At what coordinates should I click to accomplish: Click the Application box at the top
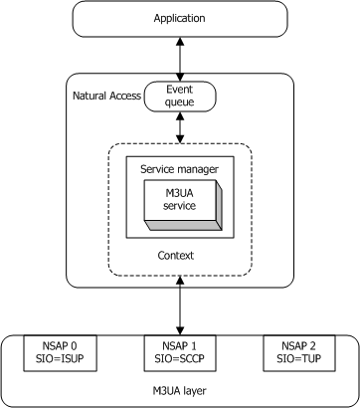(180, 19)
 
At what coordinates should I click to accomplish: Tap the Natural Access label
(105, 96)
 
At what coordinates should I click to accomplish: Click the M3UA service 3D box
(179, 198)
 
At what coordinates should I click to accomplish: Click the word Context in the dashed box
(180, 256)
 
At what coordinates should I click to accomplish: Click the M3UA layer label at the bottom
(180, 387)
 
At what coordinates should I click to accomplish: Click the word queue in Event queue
(180, 102)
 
